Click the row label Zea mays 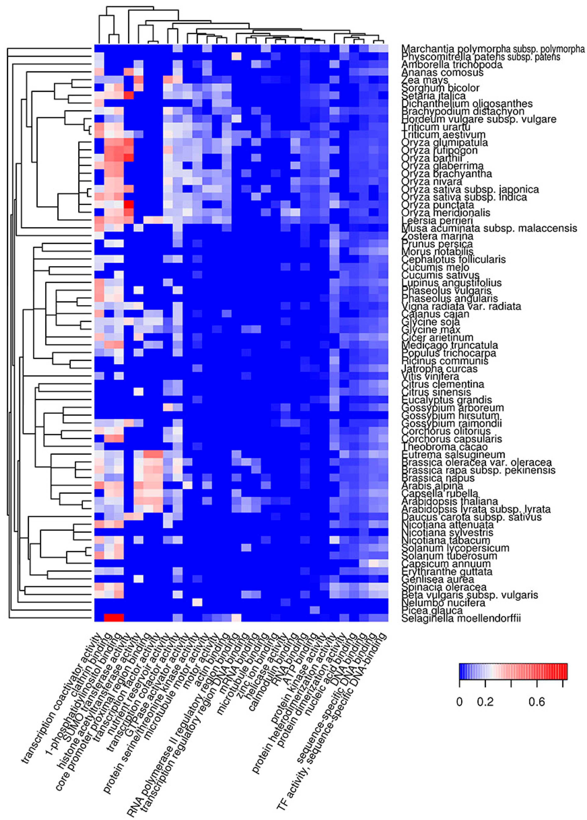tap(425, 80)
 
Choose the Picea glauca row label tap(432, 611)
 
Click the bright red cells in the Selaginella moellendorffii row tap(114, 617)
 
